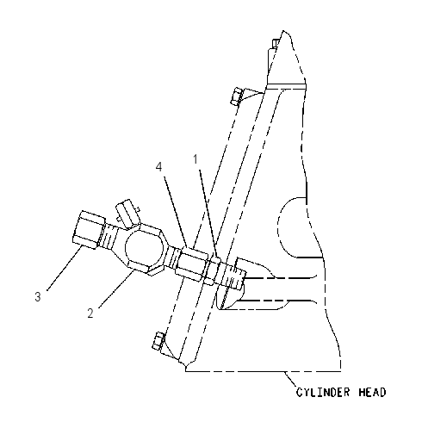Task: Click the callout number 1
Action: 195,159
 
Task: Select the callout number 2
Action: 90,313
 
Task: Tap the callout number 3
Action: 38,296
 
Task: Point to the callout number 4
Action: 159,167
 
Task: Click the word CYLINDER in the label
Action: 323,392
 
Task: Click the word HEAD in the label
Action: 372,392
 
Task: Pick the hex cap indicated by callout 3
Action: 88,230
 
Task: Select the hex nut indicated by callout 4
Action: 192,264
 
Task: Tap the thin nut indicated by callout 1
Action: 213,270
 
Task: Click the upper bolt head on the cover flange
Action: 238,96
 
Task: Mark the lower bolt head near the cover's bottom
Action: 158,341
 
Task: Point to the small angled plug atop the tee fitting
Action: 127,214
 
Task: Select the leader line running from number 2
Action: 116,289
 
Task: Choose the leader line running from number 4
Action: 176,212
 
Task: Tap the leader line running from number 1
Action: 208,213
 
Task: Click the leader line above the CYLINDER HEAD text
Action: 291,380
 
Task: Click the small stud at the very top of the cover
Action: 275,43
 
